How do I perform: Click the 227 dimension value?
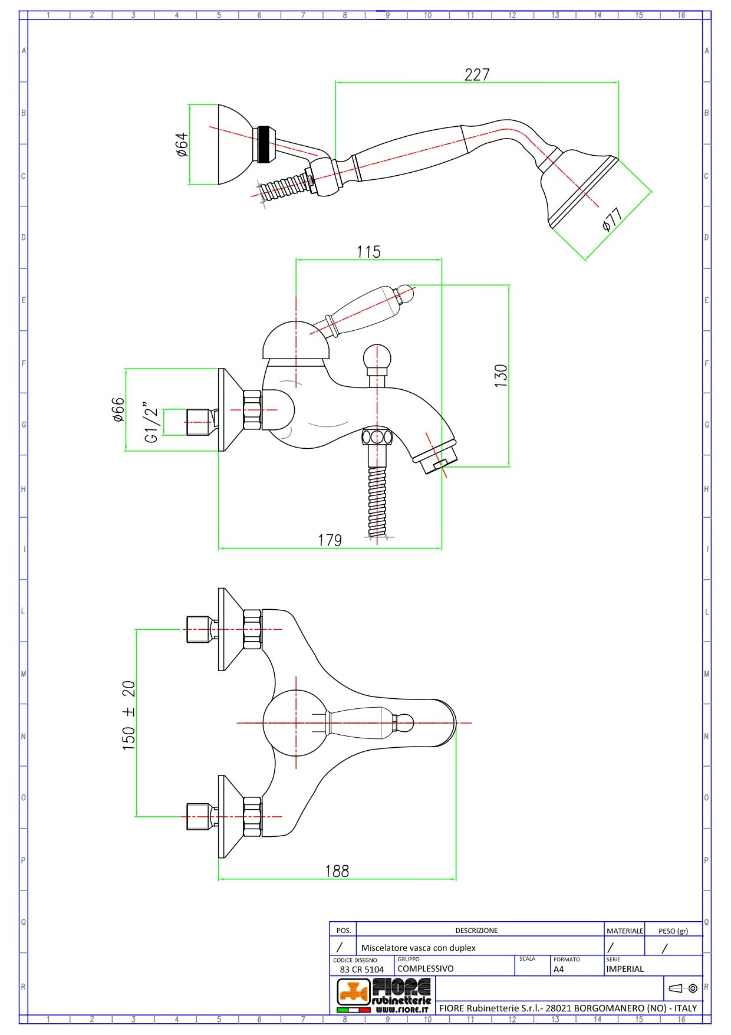pyautogui.click(x=477, y=75)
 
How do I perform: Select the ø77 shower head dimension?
pyautogui.click(x=613, y=219)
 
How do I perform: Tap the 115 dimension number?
pyautogui.click(x=368, y=252)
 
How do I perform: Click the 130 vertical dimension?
pyautogui.click(x=500, y=376)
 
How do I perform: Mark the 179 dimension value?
pyautogui.click(x=330, y=540)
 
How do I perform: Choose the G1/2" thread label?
pyautogui.click(x=151, y=422)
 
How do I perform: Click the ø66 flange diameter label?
pyautogui.click(x=118, y=409)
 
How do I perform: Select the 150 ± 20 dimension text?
pyautogui.click(x=129, y=715)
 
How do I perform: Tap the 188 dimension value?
pyautogui.click(x=337, y=871)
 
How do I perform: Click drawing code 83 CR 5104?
pyautogui.click(x=361, y=969)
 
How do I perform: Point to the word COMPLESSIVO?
pyautogui.click(x=426, y=968)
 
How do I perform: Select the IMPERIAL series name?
pyautogui.click(x=625, y=968)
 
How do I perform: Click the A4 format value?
pyautogui.click(x=559, y=969)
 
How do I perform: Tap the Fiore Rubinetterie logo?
pyautogui.click(x=384, y=995)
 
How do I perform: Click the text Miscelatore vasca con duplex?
pyautogui.click(x=418, y=948)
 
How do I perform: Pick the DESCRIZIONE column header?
pyautogui.click(x=476, y=930)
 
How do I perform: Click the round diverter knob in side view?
pyautogui.click(x=377, y=357)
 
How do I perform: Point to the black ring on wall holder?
pyautogui.click(x=264, y=144)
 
